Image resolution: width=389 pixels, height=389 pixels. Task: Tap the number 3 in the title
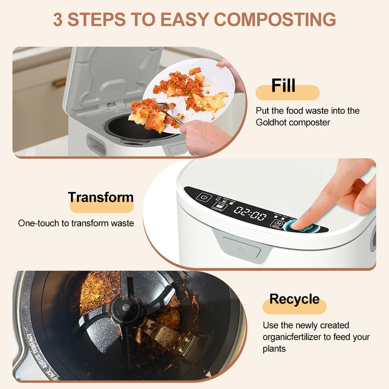(58, 20)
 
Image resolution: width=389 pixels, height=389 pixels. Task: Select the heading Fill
(284, 86)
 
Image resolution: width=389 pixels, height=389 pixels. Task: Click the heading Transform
(101, 197)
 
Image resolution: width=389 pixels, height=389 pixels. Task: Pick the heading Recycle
(294, 299)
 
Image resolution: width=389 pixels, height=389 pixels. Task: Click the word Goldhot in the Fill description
(271, 122)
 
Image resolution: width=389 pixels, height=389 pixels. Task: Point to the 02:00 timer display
(250, 214)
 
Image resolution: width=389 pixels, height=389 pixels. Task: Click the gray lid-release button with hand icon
(242, 249)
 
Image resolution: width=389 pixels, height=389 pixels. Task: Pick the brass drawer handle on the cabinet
(60, 82)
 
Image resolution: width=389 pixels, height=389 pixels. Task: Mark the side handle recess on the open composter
(96, 144)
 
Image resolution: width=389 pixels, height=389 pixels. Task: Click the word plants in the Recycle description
(274, 349)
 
